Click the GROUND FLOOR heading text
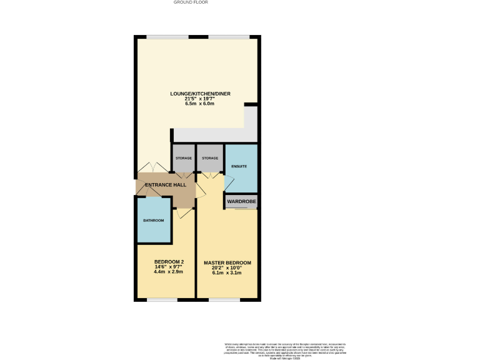(x=191, y=2)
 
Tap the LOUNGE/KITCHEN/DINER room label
(x=200, y=94)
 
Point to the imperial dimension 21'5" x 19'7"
(x=200, y=99)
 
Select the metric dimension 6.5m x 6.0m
(x=200, y=104)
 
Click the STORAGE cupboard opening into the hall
(x=184, y=158)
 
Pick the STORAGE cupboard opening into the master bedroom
(x=210, y=158)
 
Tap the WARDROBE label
(x=241, y=202)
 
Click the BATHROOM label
(x=153, y=221)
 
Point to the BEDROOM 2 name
(x=169, y=262)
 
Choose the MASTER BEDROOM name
(x=227, y=263)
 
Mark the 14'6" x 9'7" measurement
(x=169, y=267)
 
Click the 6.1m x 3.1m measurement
(x=227, y=274)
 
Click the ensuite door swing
(x=228, y=182)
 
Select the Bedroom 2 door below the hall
(x=184, y=213)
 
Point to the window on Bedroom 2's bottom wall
(x=162, y=300)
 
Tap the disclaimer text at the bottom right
(x=285, y=349)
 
